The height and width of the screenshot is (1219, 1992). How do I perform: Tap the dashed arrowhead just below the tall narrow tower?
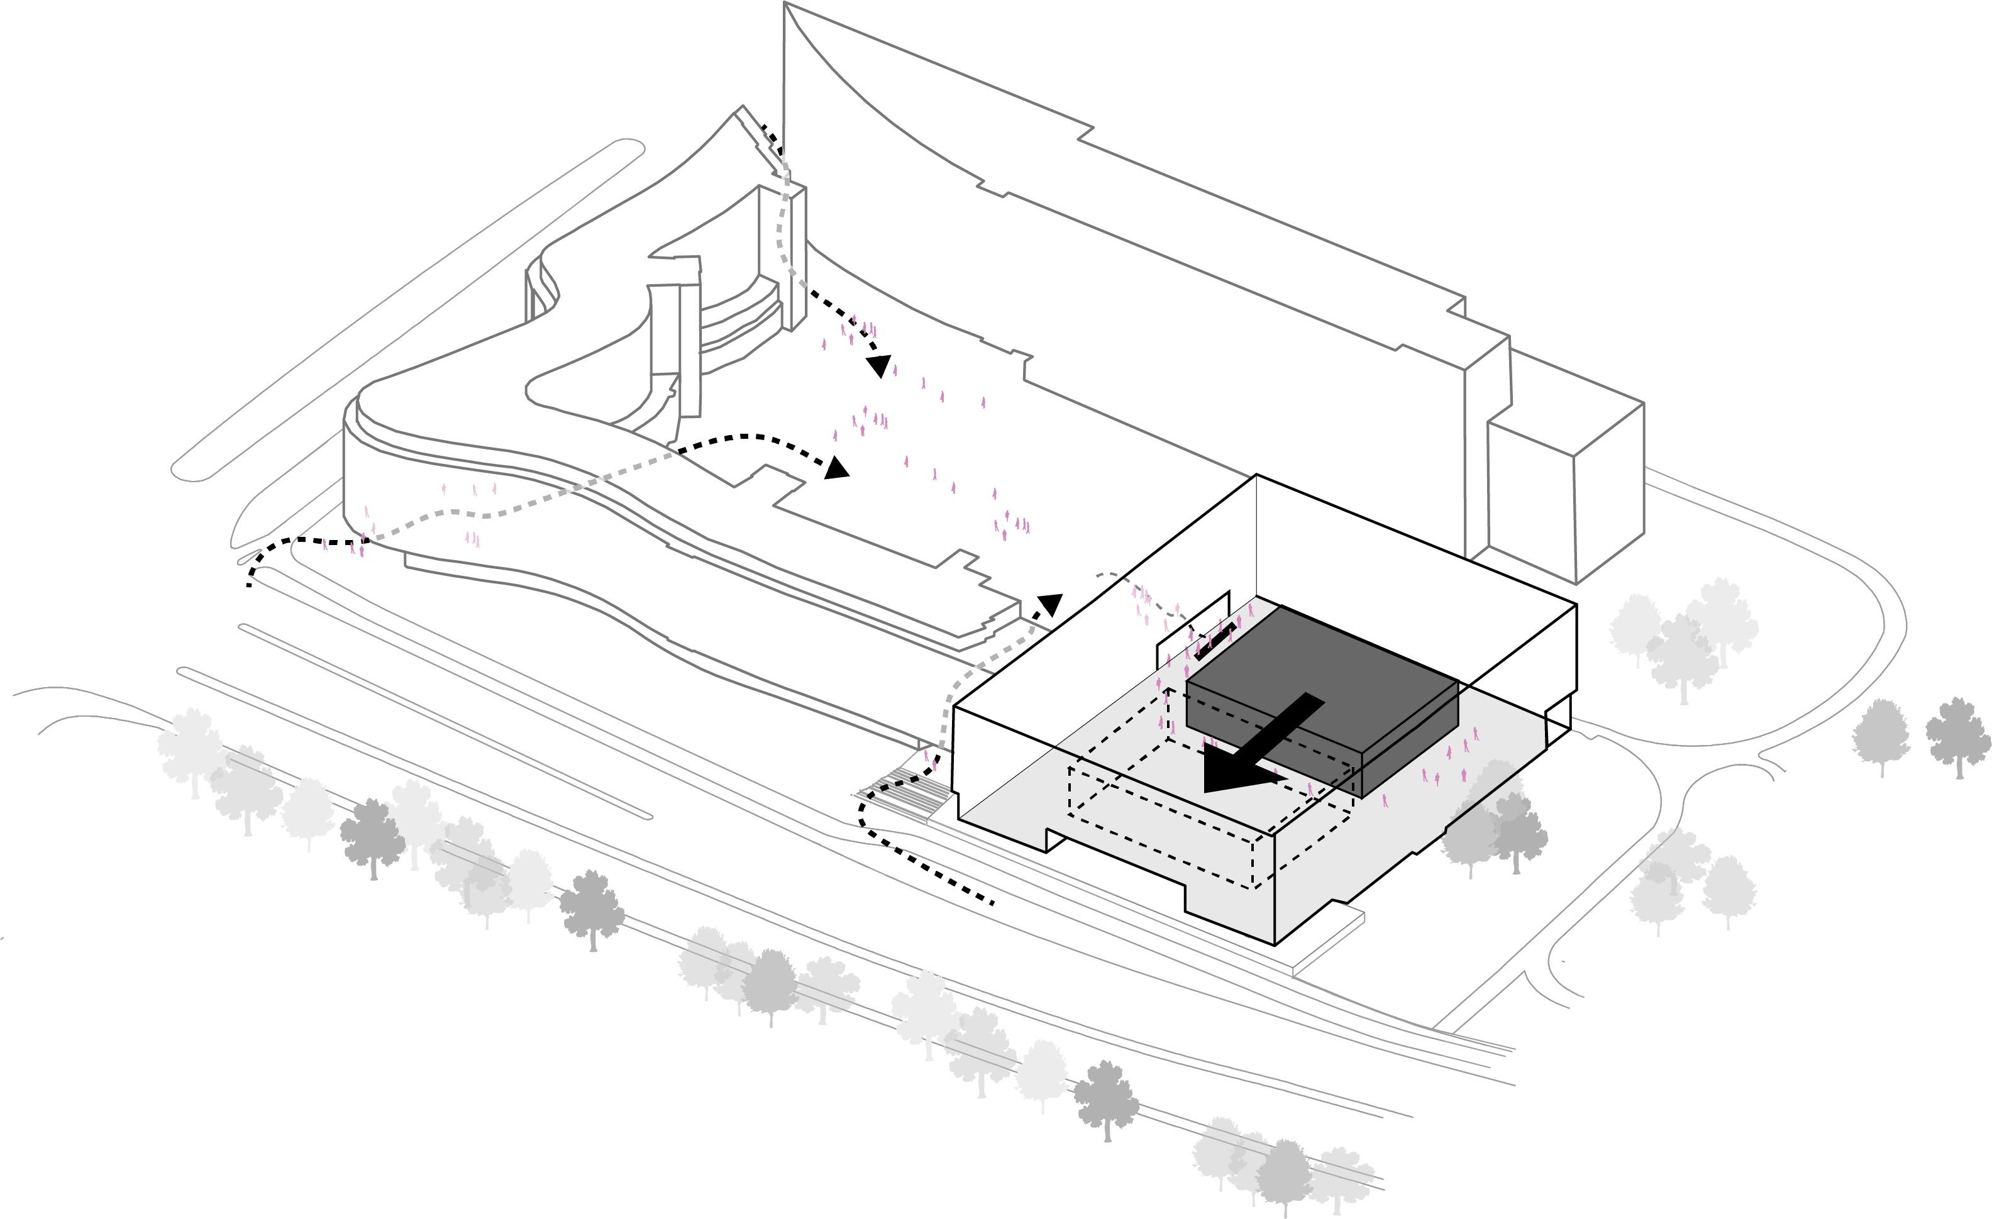[880, 366]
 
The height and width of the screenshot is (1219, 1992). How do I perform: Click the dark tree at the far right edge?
[1958, 736]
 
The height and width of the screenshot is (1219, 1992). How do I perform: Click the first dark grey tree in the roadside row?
[372, 836]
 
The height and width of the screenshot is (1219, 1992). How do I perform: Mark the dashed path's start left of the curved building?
[249, 583]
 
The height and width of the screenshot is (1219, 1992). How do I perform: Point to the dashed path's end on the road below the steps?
[993, 902]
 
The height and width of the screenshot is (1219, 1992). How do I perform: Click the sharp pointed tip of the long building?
[785, 4]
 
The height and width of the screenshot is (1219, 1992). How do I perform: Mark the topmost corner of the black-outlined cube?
[1256, 475]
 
